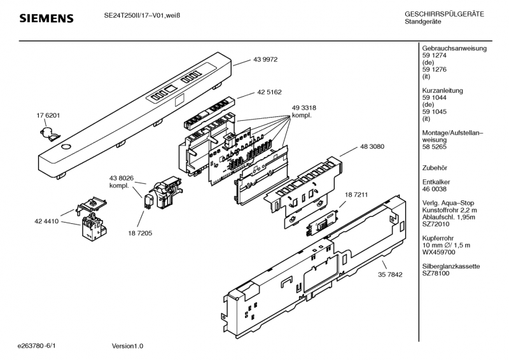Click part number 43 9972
click(265, 59)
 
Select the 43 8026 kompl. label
click(120, 181)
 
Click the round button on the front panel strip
click(66, 147)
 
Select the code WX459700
click(440, 253)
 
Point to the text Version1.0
click(127, 346)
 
